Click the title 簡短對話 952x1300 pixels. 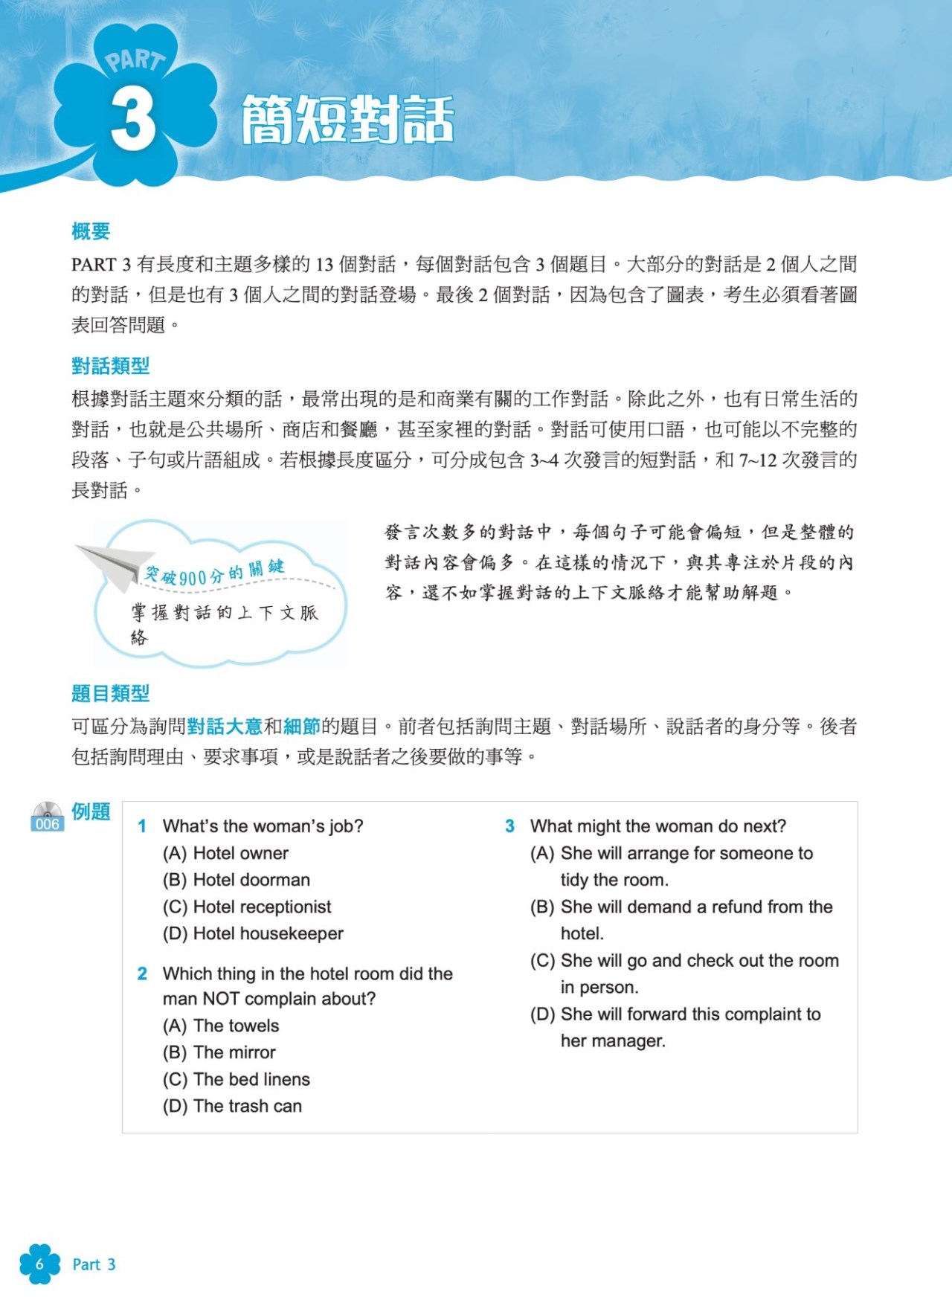[347, 119]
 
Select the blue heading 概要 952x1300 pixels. [91, 231]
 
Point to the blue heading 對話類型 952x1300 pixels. [110, 366]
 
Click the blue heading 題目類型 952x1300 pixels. [110, 694]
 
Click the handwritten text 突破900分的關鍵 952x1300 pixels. [214, 572]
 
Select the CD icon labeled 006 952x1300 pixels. [47, 817]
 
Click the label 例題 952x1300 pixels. [91, 811]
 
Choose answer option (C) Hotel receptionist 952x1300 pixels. [247, 907]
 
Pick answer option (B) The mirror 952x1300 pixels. [219, 1052]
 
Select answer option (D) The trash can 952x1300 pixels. [232, 1106]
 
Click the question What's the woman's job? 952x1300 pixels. [263, 826]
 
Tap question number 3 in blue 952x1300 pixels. [509, 826]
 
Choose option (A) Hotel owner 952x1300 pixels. [225, 853]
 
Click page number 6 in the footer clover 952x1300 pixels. [39, 1264]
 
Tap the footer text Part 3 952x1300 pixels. [94, 1264]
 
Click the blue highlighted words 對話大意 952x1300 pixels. [225, 726]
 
